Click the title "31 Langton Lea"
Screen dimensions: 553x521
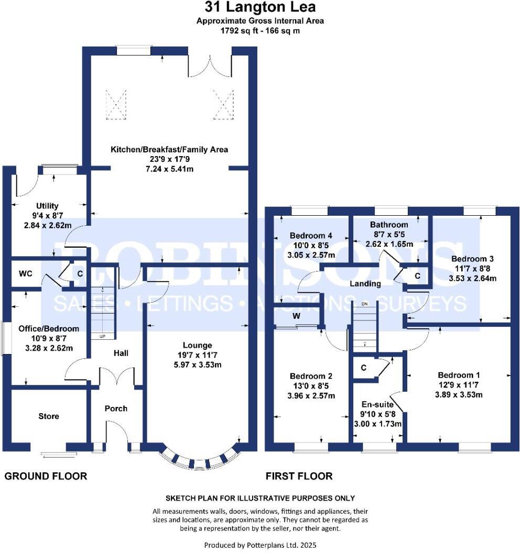[x=260, y=8]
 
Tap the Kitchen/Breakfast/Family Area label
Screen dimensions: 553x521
[x=169, y=150]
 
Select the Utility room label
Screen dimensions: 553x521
[x=47, y=206]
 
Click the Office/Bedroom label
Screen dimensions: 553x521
[x=48, y=329]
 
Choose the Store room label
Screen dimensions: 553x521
[x=49, y=416]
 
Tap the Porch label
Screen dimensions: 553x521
[x=116, y=408]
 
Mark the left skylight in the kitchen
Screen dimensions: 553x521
[x=116, y=101]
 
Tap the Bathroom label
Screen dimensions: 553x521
[x=388, y=225]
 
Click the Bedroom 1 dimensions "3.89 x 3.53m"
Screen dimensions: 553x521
[x=459, y=395]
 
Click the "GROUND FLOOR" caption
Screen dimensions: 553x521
[x=46, y=476]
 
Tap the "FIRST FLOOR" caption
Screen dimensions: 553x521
[x=299, y=476]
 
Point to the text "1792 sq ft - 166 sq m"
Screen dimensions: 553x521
[x=260, y=30]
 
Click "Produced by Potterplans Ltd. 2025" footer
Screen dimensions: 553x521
[x=260, y=545]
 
